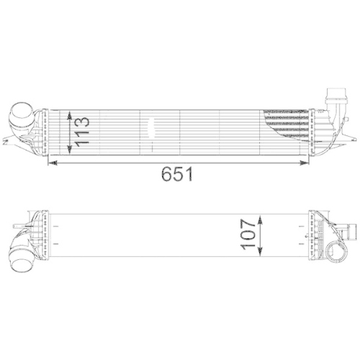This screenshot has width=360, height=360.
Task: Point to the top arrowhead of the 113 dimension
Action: [x=69, y=114]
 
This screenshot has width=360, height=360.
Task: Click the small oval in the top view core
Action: [x=150, y=130]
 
